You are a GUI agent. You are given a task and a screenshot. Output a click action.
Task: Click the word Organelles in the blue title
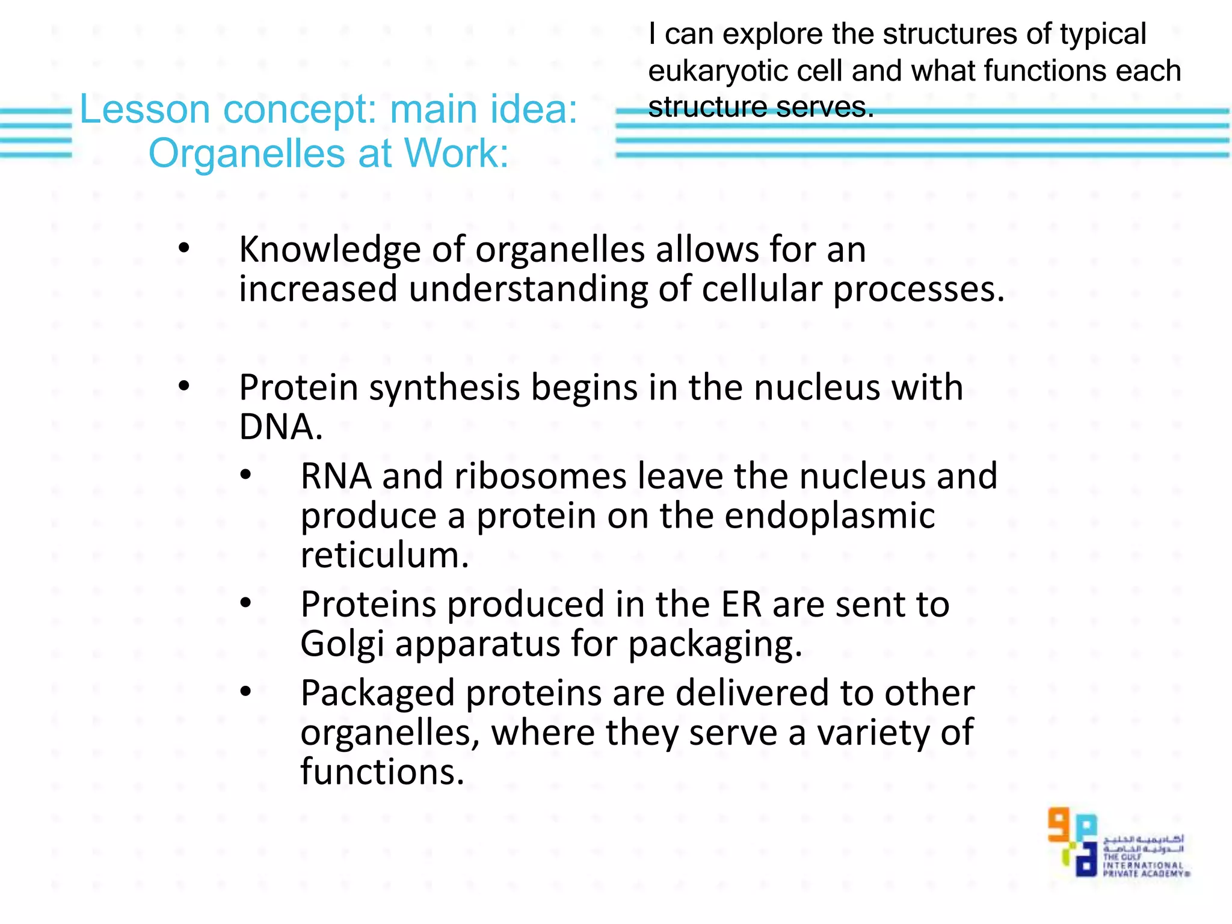coord(247,154)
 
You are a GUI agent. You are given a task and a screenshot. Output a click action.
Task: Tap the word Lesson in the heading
coord(144,109)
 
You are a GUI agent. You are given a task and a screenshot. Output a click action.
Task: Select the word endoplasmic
coord(830,516)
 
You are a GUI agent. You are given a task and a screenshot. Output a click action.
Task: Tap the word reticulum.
coord(384,555)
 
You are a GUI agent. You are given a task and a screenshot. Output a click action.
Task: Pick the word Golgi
coord(342,645)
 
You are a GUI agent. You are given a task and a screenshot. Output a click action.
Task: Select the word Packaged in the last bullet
coord(377,694)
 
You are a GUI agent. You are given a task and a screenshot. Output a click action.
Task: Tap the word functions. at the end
coord(382,772)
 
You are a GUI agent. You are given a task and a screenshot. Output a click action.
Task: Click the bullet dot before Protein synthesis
coord(184,387)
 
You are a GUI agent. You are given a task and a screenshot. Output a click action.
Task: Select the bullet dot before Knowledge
coord(184,248)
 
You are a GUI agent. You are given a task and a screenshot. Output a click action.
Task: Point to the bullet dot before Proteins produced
coord(245,603)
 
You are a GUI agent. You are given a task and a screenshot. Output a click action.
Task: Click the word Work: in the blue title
coord(456,154)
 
